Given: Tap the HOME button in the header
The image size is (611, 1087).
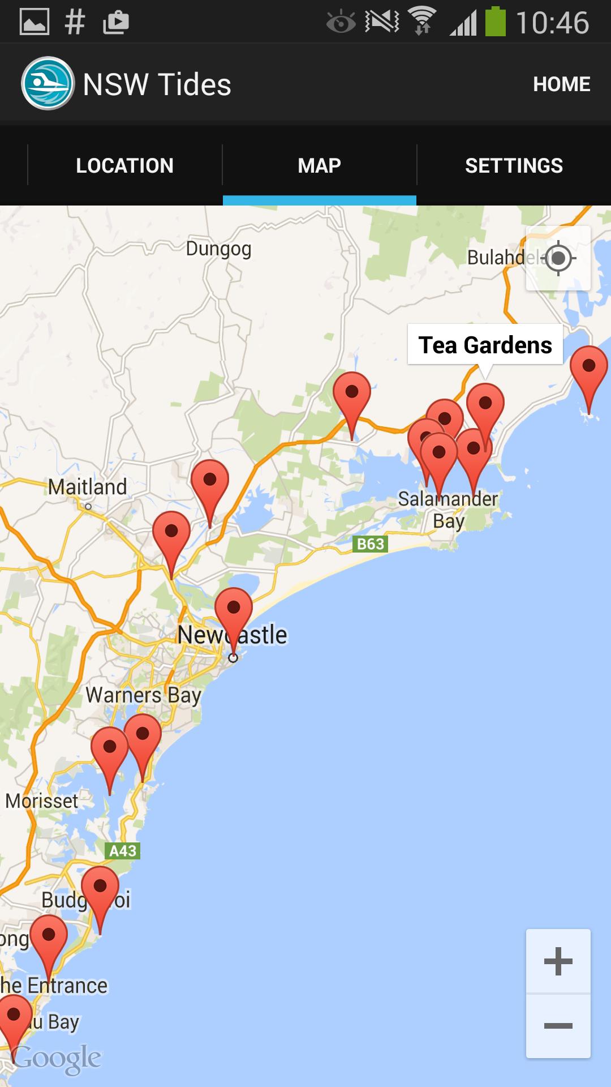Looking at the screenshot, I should coord(561,84).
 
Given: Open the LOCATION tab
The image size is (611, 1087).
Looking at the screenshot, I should coord(124,165).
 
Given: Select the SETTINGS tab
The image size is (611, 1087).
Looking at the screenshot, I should coord(514,165).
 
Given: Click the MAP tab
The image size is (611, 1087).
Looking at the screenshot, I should coord(319,165).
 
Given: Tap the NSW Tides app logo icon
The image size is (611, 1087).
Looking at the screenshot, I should coord(48,84).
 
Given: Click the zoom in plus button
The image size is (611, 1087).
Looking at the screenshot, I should coord(558,961).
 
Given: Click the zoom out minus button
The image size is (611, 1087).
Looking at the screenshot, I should coord(558,1026).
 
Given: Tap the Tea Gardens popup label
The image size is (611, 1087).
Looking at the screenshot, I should coord(485,345).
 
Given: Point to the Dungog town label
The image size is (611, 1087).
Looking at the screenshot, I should coord(218,249).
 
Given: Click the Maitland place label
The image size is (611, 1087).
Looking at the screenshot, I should coord(87,487).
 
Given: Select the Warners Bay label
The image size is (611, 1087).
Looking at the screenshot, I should coord(143,695).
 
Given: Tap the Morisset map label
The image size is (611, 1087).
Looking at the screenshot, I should coord(42,801).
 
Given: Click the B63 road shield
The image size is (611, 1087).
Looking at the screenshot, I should coord(371,544).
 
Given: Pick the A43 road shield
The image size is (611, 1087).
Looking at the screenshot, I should coord(123,850).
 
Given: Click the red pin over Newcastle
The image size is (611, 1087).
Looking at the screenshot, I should coord(233,609).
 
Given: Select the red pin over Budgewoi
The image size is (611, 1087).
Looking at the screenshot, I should coord(100,887).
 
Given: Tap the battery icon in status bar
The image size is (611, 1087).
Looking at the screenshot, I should coord(495,23).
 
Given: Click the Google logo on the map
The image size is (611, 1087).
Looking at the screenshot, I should coord(57,1058).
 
